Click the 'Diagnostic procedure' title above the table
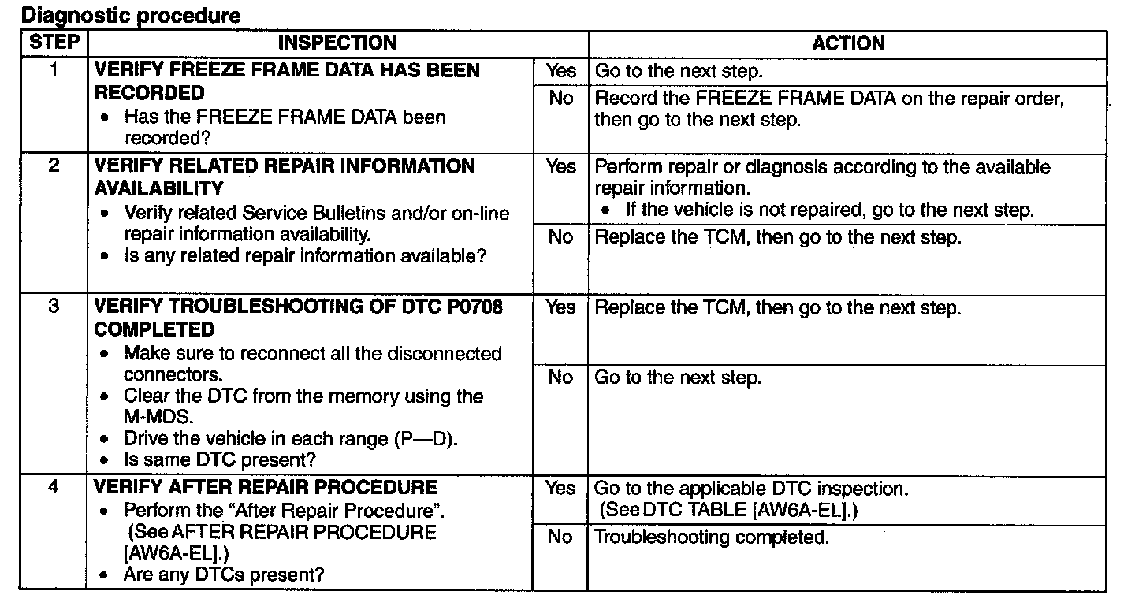[130, 15]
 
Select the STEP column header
[54, 43]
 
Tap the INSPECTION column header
[337, 43]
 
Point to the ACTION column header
[848, 43]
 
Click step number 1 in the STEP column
[54, 70]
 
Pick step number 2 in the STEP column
[54, 166]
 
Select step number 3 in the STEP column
[54, 307]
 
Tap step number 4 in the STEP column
[54, 487]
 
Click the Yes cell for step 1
[560, 71]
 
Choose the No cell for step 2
[560, 237]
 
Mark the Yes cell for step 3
[560, 307]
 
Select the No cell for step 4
[560, 537]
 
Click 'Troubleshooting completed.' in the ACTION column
[711, 537]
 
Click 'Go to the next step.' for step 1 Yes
[679, 71]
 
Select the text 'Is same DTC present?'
[212, 459]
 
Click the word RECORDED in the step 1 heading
[149, 93]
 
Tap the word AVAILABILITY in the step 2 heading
[159, 189]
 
